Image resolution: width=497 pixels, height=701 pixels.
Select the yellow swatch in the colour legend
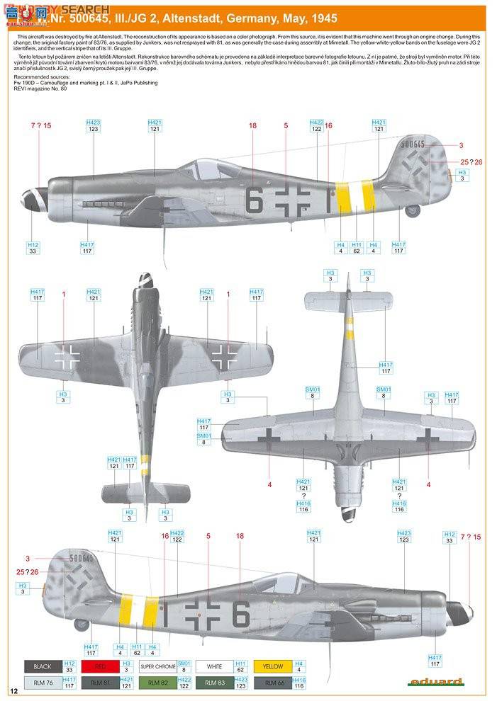[272, 666]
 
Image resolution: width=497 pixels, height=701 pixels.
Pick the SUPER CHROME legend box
[157, 666]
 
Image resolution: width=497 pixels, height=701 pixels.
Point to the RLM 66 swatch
[272, 683]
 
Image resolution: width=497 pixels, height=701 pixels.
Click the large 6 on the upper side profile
[253, 200]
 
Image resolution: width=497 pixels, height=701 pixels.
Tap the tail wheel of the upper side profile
[413, 210]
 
